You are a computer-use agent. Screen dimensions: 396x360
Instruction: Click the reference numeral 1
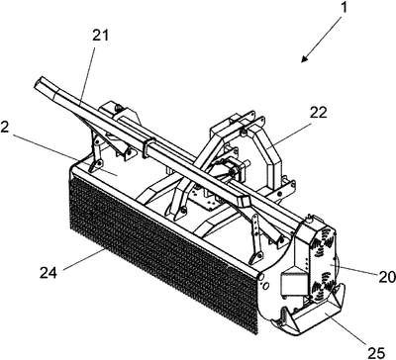coord(344,7)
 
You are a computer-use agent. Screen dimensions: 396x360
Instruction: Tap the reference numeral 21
coord(100,36)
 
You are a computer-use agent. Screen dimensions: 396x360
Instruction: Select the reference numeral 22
coord(318,113)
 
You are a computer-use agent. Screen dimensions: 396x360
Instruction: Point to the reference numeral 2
coord(4,128)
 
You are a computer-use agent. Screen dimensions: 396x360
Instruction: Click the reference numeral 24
coord(49,273)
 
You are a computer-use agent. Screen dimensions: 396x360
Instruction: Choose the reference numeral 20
coord(387,277)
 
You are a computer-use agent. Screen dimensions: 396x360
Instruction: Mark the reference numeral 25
coord(376,353)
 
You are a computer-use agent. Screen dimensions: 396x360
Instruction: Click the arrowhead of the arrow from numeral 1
coord(304,58)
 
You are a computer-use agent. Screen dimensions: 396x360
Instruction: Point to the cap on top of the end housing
coord(309,218)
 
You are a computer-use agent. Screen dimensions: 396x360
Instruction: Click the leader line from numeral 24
coord(83,260)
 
